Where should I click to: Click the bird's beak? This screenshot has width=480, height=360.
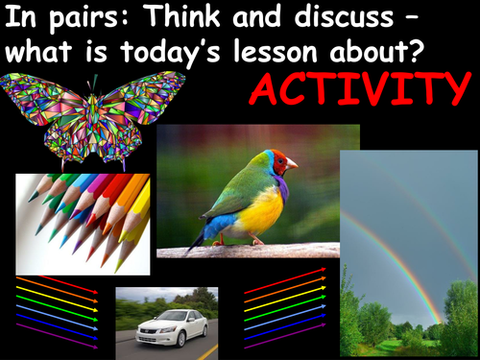pos(293,164)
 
